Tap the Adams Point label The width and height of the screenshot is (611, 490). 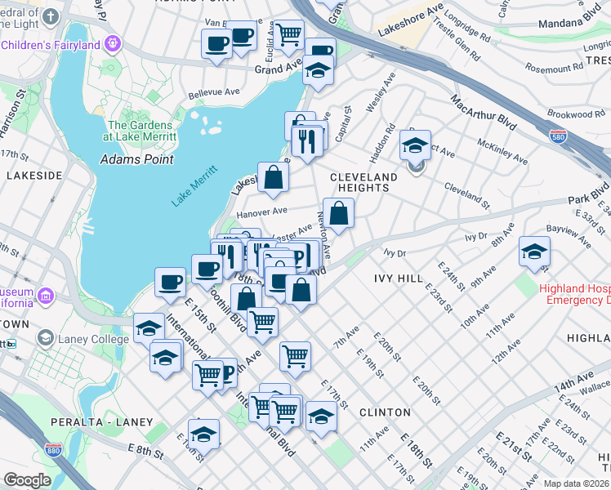coord(136,159)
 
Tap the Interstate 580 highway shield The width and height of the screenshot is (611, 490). coord(558,136)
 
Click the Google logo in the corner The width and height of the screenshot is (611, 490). coord(27,480)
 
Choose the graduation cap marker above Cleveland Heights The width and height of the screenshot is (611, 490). coord(416,147)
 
